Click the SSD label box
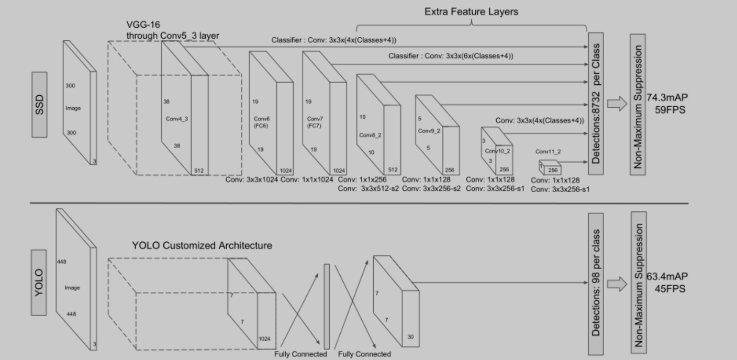[x=39, y=105]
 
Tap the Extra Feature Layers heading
[x=471, y=11]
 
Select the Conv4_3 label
[x=177, y=119]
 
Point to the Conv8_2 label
[x=370, y=135]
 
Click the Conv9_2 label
[x=429, y=131]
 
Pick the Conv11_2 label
[x=548, y=152]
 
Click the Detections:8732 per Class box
[x=596, y=104]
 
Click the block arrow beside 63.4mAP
[x=617, y=284]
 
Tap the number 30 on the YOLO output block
[x=410, y=337]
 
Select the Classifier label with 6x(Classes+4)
[x=451, y=56]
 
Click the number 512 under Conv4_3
[x=199, y=170]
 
